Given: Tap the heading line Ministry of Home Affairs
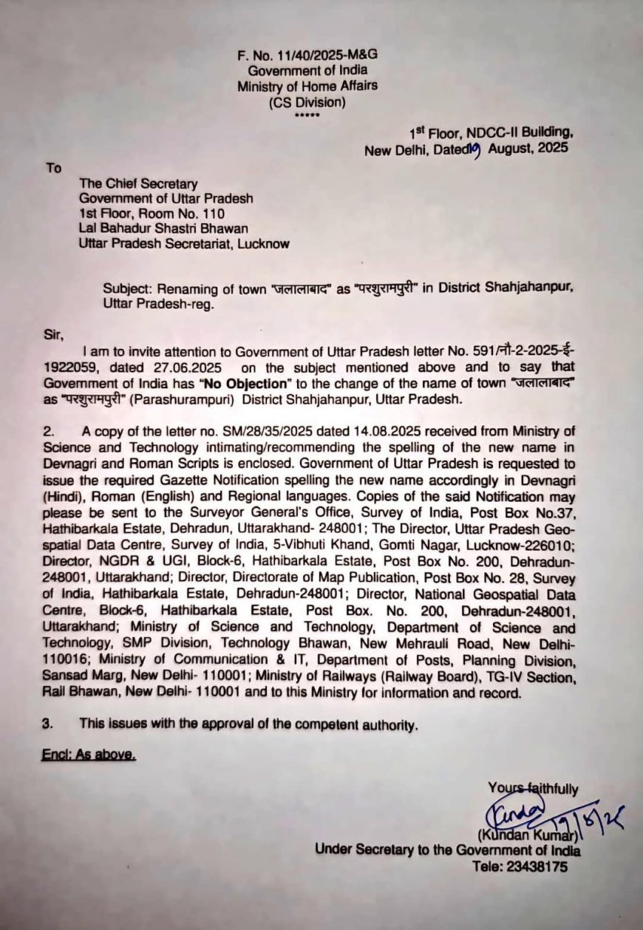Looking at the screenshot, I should [x=307, y=86].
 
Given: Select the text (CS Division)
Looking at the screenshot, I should [x=307, y=102].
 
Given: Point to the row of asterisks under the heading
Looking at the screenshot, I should [x=307, y=116].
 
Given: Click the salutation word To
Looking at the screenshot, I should [x=54, y=169].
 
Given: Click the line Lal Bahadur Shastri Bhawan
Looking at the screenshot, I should [x=163, y=228].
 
